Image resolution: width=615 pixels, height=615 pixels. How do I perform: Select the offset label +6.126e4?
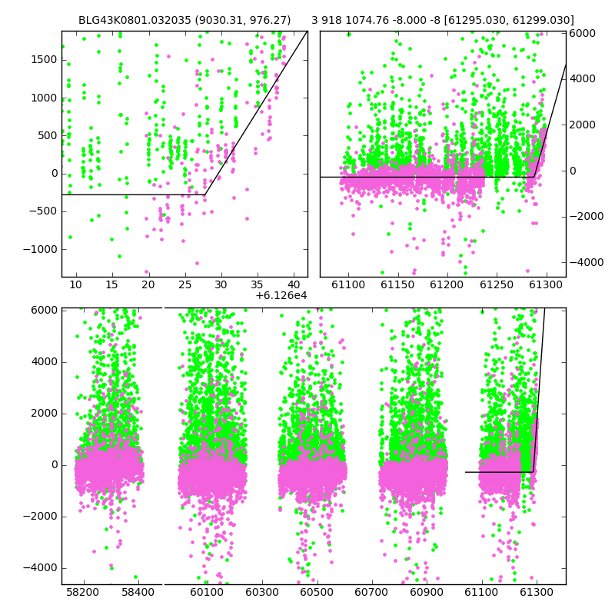(281, 295)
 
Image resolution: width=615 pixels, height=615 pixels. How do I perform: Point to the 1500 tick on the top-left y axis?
(44, 60)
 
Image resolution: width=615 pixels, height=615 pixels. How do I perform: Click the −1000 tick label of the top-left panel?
(40, 249)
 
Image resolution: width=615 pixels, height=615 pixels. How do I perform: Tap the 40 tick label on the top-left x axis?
(294, 284)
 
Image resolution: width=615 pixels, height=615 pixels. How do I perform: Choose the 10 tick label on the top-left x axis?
(75, 284)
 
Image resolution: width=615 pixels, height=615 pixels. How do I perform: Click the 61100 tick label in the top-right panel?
(348, 284)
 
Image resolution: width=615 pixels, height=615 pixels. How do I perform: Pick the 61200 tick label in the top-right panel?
(447, 284)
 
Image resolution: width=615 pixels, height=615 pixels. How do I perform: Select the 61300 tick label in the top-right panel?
(545, 284)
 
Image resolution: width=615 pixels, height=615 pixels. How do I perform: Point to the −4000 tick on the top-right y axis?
(587, 262)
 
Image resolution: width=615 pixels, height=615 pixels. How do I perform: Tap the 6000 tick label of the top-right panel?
(583, 33)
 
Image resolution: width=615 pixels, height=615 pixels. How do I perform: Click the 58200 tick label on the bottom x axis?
(83, 592)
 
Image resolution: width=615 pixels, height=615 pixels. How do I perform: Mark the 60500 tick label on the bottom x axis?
(317, 592)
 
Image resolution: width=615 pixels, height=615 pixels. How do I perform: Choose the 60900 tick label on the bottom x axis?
(427, 592)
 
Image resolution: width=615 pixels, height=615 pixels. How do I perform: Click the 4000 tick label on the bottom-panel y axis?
(44, 361)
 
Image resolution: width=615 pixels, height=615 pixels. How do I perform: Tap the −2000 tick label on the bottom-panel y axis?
(40, 517)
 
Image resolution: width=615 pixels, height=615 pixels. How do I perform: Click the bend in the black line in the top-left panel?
(205, 194)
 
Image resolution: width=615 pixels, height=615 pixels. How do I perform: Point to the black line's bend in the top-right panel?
(534, 177)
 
